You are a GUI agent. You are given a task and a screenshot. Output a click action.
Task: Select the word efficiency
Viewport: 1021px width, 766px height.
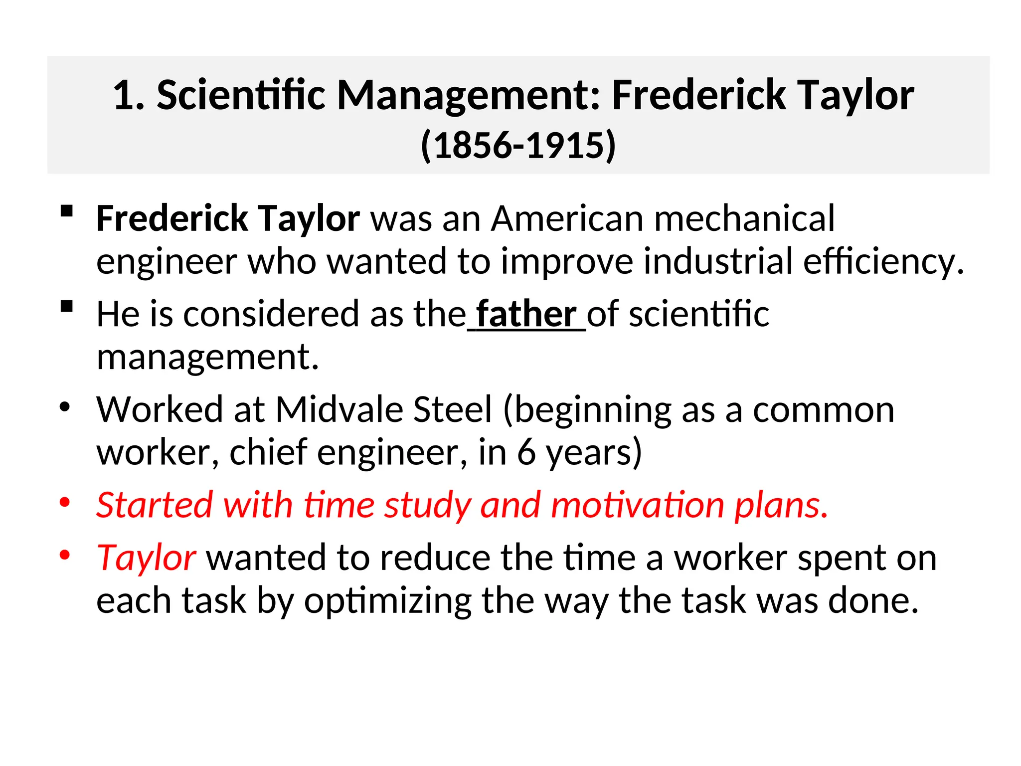pyautogui.click(x=883, y=261)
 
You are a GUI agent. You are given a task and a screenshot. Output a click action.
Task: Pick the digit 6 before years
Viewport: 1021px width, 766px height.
pyautogui.click(x=526, y=452)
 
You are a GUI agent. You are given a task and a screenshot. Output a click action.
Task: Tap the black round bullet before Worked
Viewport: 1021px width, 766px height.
pyautogui.click(x=65, y=407)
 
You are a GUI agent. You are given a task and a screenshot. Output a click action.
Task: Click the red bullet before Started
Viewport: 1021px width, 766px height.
pyautogui.click(x=65, y=502)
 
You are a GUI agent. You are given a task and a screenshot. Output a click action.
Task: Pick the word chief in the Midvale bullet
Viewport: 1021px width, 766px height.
pyautogui.click(x=268, y=452)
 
